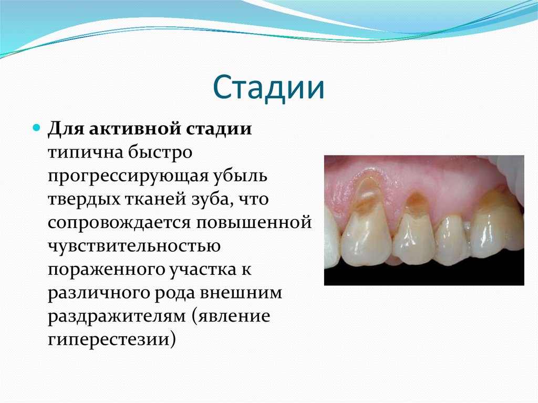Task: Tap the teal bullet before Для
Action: (36, 128)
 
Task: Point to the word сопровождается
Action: (119, 222)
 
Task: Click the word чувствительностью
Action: (134, 245)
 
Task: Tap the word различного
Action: (100, 292)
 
